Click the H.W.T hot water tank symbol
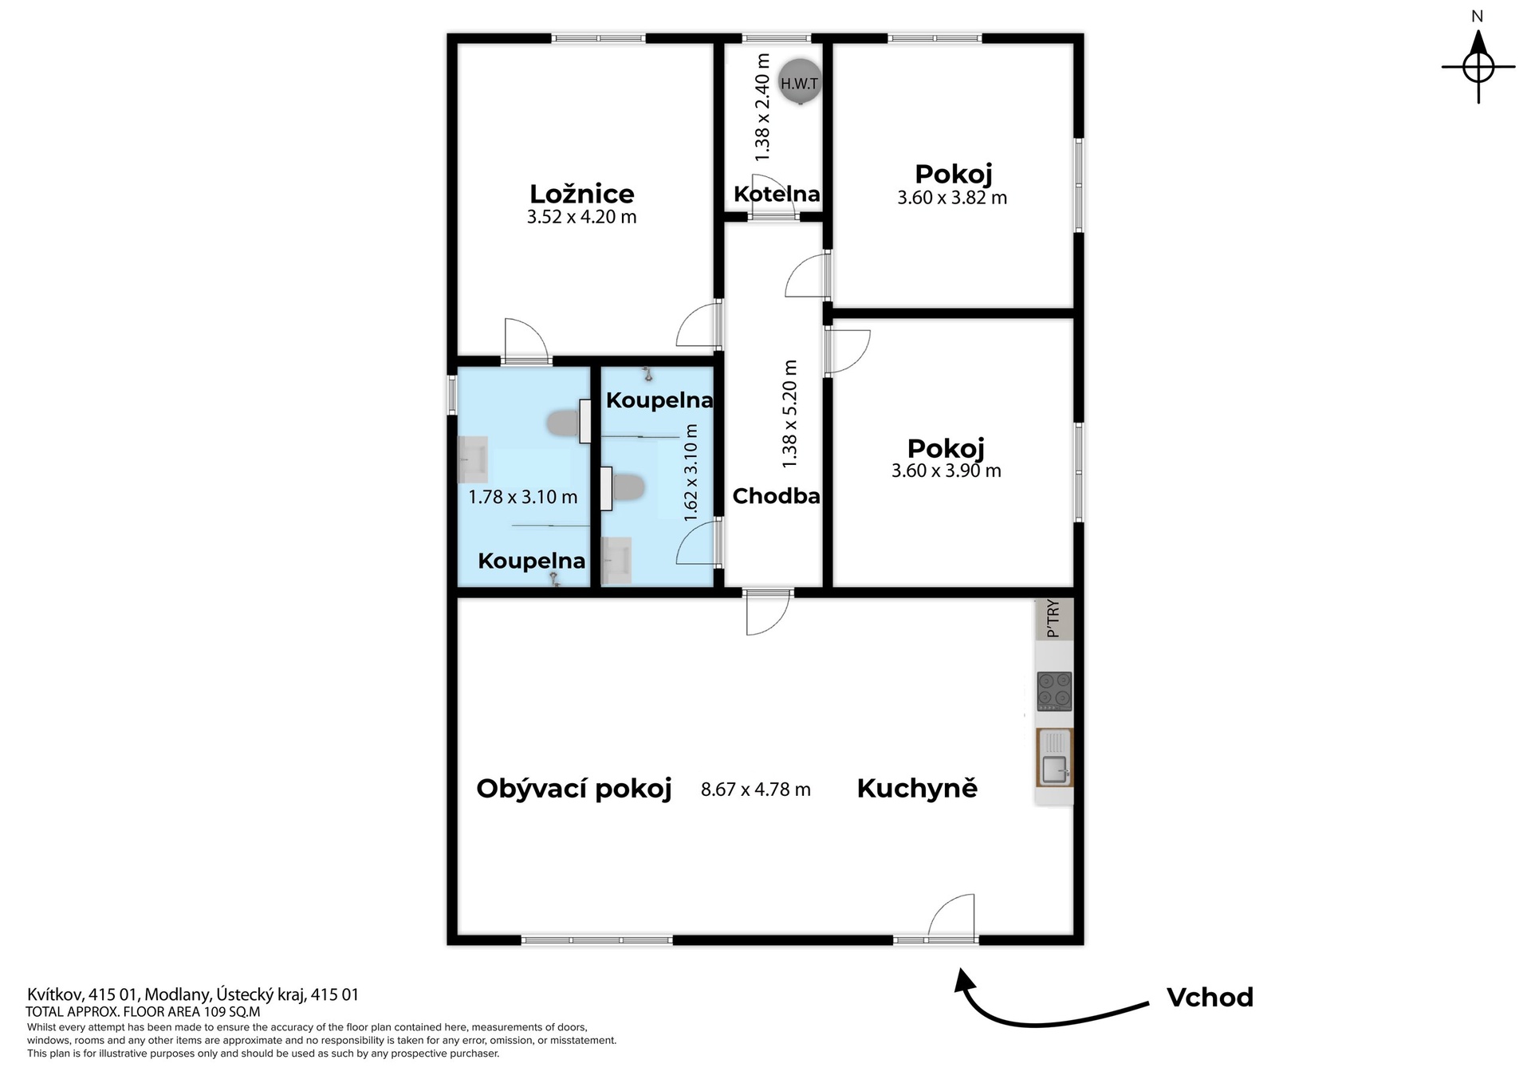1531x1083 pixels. pos(799,82)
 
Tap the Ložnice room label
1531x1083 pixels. pos(582,194)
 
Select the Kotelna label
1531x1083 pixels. pos(777,194)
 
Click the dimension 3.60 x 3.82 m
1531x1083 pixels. pos(952,198)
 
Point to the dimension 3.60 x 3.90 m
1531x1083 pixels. pos(947,471)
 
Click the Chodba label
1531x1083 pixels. pos(776,496)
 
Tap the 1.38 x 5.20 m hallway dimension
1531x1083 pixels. pos(789,414)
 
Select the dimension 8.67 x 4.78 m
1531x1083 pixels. pos(756,790)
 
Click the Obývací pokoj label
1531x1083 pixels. pos(574,789)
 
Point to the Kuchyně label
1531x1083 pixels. pos(917,789)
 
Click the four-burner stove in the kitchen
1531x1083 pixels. pos(1054,691)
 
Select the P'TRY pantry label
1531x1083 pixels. pos(1053,619)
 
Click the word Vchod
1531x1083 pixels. pos(1210,997)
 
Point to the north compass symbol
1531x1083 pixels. pos(1478,67)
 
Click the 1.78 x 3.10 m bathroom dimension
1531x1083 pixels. pos(523,498)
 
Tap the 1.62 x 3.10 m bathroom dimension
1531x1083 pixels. pos(691,473)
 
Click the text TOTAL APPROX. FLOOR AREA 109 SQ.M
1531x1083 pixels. pos(143,1012)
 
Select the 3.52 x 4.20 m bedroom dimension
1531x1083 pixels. pos(582,217)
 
